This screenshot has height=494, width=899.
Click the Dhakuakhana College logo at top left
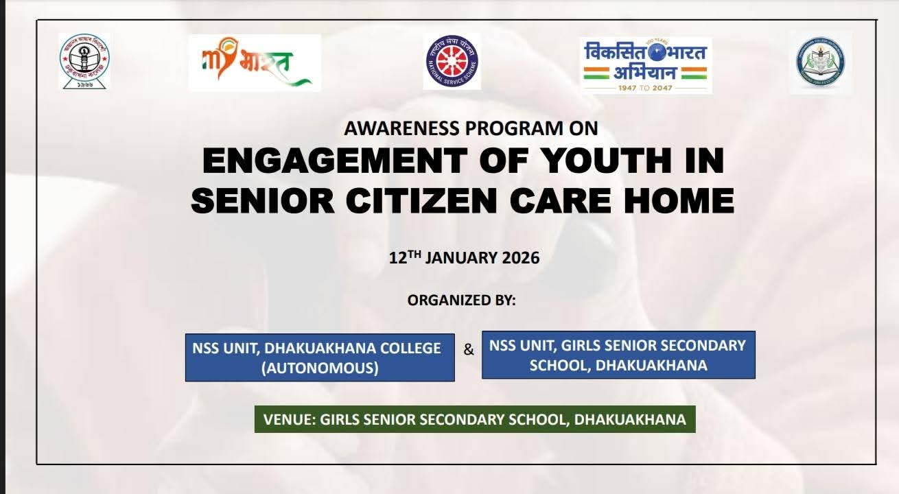[84, 60]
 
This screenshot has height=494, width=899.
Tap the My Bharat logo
[254, 62]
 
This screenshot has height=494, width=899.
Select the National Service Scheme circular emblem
[452, 62]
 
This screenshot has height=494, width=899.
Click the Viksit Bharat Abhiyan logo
[646, 64]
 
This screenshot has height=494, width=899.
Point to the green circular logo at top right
[821, 63]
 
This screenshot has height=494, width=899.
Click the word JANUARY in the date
[460, 258]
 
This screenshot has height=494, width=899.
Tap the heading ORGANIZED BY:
[461, 300]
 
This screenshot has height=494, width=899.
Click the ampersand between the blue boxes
[469, 350]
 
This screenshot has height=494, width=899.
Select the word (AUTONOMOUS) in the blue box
[320, 368]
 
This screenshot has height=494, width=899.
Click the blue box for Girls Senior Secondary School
[618, 355]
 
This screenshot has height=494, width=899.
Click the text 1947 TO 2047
[646, 87]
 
